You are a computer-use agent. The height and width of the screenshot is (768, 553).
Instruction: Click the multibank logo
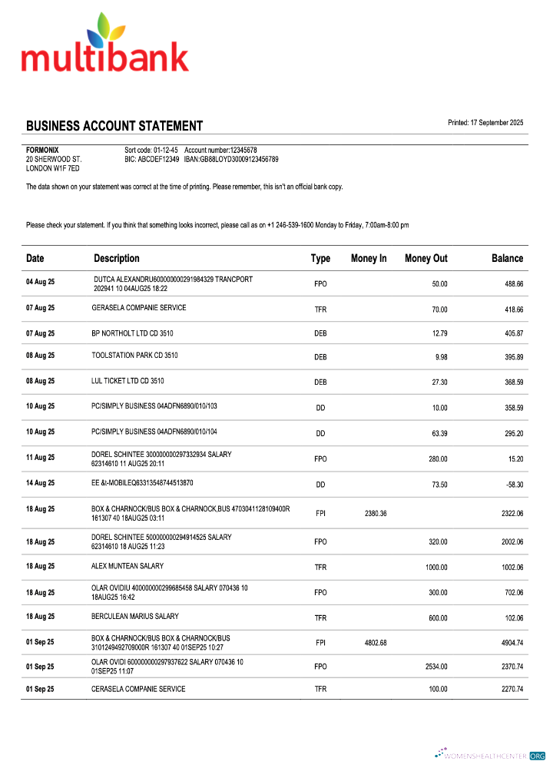(104, 45)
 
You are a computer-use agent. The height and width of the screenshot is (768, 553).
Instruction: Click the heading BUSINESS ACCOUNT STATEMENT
(114, 126)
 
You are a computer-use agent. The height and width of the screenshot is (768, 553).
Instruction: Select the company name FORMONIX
(42, 150)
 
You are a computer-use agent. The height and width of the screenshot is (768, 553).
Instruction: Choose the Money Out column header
(426, 259)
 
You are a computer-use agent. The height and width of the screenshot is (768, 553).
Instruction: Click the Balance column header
(507, 259)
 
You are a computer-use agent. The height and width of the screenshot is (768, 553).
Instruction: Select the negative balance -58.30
(512, 485)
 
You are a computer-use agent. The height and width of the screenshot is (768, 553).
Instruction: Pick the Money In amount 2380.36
(369, 513)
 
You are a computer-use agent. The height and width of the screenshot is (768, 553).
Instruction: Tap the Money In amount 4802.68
(369, 643)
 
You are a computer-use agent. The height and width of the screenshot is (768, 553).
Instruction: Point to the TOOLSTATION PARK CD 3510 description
(134, 356)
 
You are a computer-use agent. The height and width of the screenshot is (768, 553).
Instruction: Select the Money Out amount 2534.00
(435, 667)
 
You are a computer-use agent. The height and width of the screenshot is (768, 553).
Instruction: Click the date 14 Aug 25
(41, 483)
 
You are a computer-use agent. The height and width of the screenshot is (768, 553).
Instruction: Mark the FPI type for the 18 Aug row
(320, 513)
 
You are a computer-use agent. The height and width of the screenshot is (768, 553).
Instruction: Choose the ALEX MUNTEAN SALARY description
(127, 566)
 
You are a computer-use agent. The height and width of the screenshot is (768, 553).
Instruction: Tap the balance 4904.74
(508, 643)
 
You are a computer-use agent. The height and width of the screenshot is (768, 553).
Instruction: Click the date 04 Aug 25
(41, 282)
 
